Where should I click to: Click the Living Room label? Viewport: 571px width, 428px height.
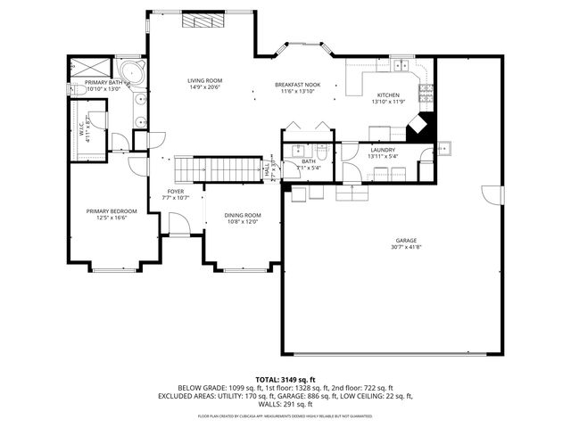[204, 81]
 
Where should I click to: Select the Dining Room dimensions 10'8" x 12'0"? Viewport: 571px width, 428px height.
[243, 222]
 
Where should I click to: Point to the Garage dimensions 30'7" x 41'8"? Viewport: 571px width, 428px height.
[407, 247]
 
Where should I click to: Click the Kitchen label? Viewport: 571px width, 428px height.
[388, 95]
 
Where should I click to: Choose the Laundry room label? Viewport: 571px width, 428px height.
[383, 150]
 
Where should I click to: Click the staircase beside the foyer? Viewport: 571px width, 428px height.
[210, 169]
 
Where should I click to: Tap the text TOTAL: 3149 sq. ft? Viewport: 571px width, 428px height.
[285, 379]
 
